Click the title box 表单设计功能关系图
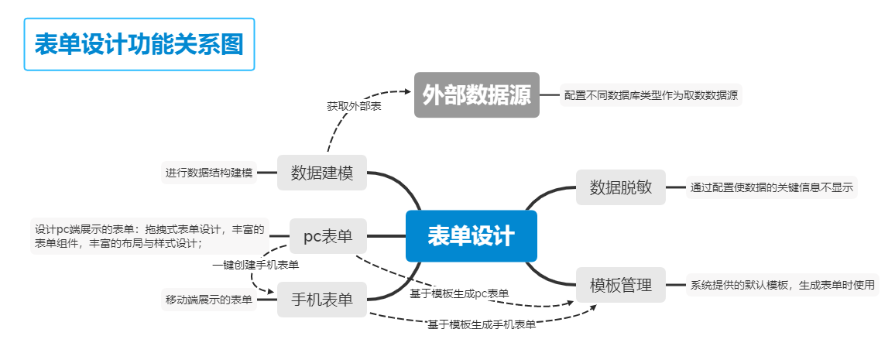point(139,44)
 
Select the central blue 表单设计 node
point(471,235)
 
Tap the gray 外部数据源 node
point(476,94)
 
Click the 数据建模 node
point(322,173)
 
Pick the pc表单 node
point(328,236)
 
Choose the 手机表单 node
point(321,300)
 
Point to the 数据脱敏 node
point(621,187)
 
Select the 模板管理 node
point(621,285)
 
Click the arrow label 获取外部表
point(354,105)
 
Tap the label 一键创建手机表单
point(255,265)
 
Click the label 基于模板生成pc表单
point(459,293)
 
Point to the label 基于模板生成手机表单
point(482,325)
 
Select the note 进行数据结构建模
point(209,172)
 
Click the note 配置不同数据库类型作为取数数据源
point(650,95)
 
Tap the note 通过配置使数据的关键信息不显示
point(772,187)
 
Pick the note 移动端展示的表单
point(209,300)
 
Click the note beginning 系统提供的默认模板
point(782,285)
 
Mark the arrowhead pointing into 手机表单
point(273,293)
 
